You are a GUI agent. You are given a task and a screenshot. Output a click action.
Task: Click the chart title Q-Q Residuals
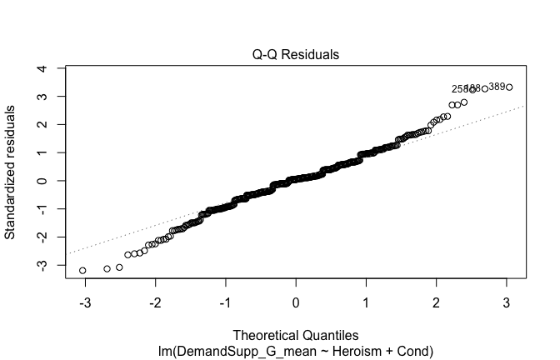[297, 55]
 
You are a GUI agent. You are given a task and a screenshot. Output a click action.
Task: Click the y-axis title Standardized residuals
[11, 172]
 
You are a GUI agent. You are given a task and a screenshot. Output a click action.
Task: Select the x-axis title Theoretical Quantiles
[297, 333]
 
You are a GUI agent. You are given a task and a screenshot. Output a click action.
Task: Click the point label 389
[497, 87]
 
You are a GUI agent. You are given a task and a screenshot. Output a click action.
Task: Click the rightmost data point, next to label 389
[509, 87]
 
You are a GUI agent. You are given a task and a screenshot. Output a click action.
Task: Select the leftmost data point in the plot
[82, 271]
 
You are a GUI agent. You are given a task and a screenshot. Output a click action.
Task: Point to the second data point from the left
[107, 269]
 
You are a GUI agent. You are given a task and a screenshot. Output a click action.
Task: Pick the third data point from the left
[119, 267]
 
